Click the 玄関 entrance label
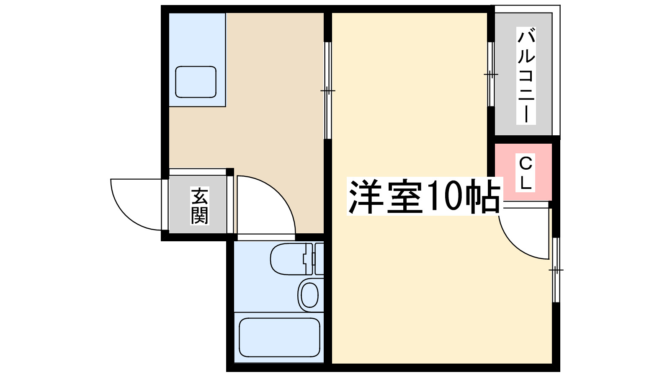200,206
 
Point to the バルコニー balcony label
526,75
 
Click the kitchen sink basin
196,82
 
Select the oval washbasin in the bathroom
309,295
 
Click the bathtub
279,337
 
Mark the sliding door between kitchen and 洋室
327,90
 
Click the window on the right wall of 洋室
556,270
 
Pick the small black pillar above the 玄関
229,172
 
